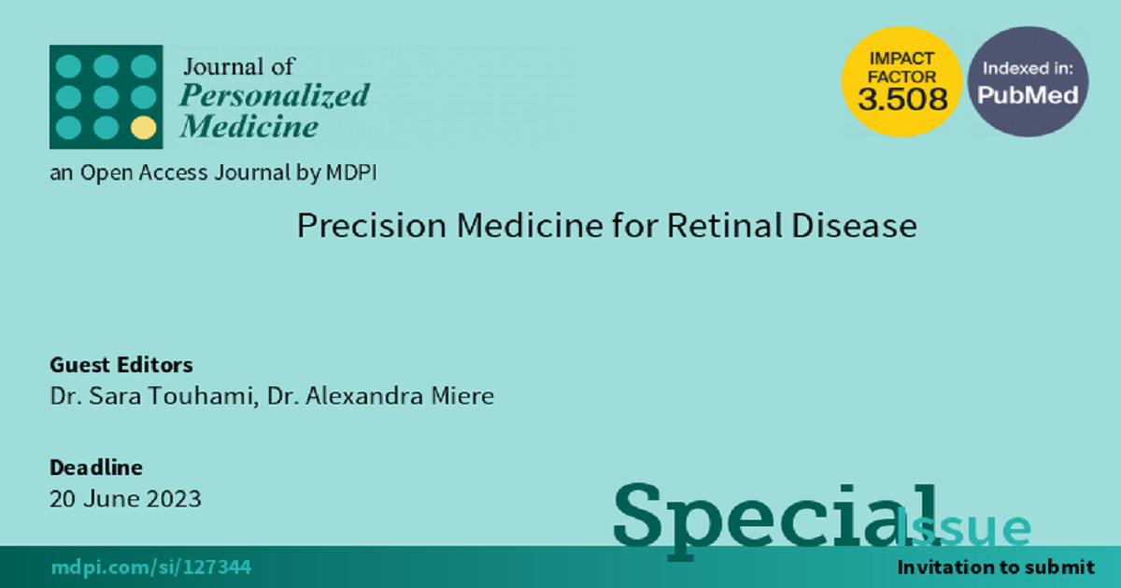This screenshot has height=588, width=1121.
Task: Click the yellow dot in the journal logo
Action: coord(144,128)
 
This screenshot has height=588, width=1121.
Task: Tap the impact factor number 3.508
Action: coord(902,99)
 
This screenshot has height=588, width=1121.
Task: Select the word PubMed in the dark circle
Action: coord(1028,95)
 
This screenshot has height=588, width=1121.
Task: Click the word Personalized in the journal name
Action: coord(275,95)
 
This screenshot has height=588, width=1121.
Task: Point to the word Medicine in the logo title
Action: coord(249,126)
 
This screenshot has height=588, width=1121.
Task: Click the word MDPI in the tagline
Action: coord(351,173)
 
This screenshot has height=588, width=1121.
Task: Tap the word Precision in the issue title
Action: coord(372,226)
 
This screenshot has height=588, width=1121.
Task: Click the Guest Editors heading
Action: coord(121,365)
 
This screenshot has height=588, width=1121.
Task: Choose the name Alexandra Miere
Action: coord(400,396)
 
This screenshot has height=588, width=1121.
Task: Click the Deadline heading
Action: coord(96,468)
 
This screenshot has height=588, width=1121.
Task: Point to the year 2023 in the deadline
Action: coord(174,499)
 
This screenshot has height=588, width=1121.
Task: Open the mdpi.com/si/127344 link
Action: coord(151,567)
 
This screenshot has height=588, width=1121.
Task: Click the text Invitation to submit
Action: coord(996,567)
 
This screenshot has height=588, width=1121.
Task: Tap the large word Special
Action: coord(774,520)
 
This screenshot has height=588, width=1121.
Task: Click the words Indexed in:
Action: coord(1028,68)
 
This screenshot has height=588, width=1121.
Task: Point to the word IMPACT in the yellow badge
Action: coord(901,59)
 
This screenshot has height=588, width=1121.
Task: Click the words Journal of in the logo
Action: coord(239,66)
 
